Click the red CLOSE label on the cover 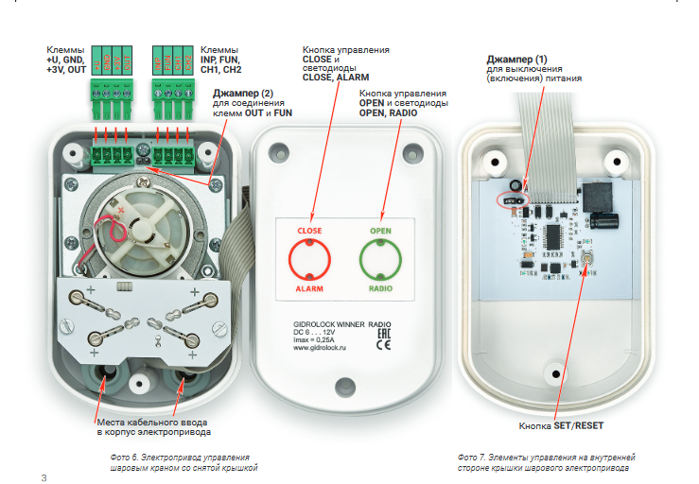coord(309,231)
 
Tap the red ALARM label coord(309,288)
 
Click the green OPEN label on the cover coord(380,231)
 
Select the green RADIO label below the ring coord(380,288)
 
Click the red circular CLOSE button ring coord(309,258)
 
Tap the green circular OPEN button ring coord(380,258)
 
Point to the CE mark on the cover coord(385,345)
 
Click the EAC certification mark coord(385,331)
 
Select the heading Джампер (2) coord(244,93)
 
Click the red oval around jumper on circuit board coord(511,200)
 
